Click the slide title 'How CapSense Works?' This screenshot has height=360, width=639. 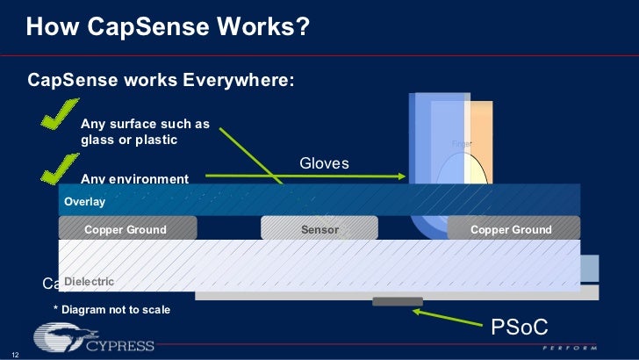click(168, 29)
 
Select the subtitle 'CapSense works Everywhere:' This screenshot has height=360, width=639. click(162, 81)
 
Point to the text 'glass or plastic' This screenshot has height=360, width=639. click(129, 140)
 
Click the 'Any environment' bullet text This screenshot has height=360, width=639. click(133, 179)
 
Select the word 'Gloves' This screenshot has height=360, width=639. click(324, 163)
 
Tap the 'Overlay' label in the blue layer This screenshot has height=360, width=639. click(84, 202)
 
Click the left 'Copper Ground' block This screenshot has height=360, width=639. click(127, 229)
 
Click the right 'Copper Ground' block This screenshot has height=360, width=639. click(513, 229)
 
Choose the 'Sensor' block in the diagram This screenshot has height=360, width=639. click(319, 229)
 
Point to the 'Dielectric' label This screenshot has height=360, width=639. click(89, 281)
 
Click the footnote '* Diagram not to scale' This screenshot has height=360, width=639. click(111, 309)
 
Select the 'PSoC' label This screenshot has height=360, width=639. click(520, 328)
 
